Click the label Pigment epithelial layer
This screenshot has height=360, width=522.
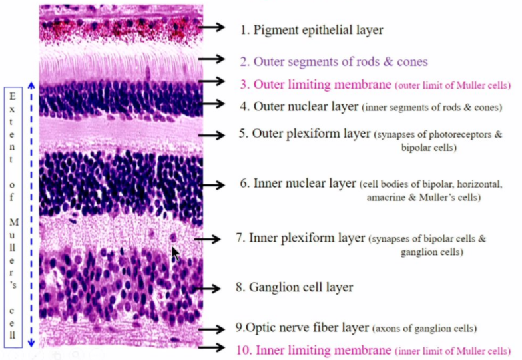[312, 30]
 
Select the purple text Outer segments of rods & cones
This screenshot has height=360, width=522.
[334, 61]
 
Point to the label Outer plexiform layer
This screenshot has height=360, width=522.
[304, 134]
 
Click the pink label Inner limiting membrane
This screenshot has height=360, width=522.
[313, 350]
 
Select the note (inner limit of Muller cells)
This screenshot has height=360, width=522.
[452, 351]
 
